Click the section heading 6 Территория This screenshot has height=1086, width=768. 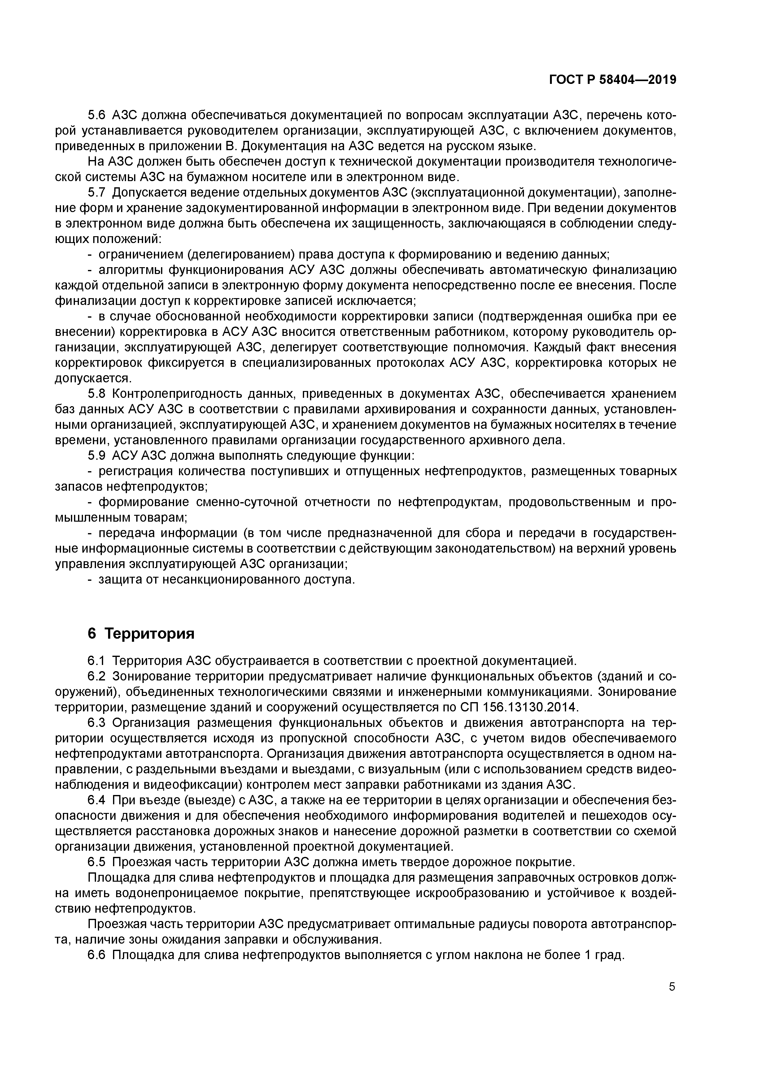pyautogui.click(x=141, y=633)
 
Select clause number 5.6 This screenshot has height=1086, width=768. pyautogui.click(x=98, y=115)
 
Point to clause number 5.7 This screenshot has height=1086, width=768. pyautogui.click(x=98, y=193)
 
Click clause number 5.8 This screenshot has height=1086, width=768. pyautogui.click(x=98, y=393)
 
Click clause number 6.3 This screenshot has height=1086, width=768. pyautogui.click(x=98, y=722)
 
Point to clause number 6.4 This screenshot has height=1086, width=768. pyautogui.click(x=98, y=800)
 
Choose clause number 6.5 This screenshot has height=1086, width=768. pyautogui.click(x=98, y=862)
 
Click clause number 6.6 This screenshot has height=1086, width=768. pyautogui.click(x=98, y=955)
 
